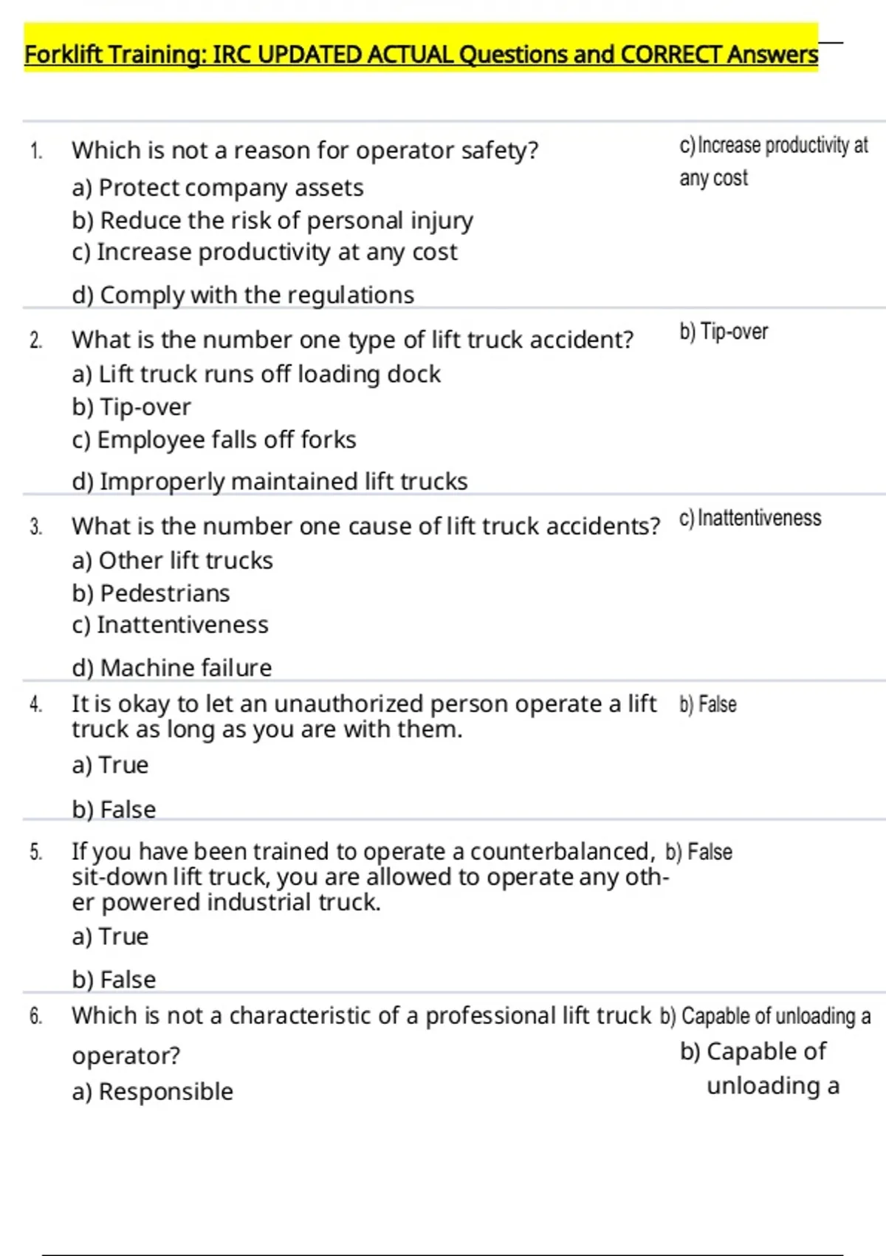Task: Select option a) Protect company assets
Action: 218,188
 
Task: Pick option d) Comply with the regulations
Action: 243,296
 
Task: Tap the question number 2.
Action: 35,341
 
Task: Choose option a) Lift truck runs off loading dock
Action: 256,375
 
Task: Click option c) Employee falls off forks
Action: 214,440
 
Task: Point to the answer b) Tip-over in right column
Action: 724,332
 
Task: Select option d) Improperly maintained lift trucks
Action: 269,482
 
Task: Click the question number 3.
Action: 35,528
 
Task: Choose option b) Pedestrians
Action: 151,593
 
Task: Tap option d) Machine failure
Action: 172,668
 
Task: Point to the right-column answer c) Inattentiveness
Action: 749,519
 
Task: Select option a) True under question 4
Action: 110,765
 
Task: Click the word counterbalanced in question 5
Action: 562,852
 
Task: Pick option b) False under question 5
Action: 114,980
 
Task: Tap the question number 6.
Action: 35,1017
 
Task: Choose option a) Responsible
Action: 152,1092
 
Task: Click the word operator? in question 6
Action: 126,1057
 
